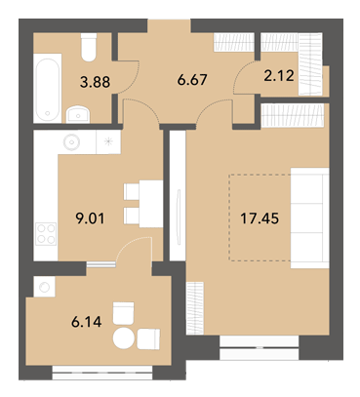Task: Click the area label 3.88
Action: coord(95,82)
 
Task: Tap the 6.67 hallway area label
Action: coord(192,79)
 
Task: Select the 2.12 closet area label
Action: coord(279,75)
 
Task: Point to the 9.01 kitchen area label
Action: coord(90,218)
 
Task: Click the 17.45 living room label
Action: coord(260,218)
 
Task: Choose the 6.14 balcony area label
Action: coord(86,322)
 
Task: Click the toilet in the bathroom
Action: coord(89,48)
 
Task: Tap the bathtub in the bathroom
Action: coord(48,89)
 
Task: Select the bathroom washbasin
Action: coord(77,114)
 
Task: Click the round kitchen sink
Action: coord(71,141)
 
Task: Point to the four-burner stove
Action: coord(46,234)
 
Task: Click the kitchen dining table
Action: coord(151,204)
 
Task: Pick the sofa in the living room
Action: coord(309,218)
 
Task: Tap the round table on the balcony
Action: coord(124,338)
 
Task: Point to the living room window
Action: coord(260,348)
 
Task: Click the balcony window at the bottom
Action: coord(102,373)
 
